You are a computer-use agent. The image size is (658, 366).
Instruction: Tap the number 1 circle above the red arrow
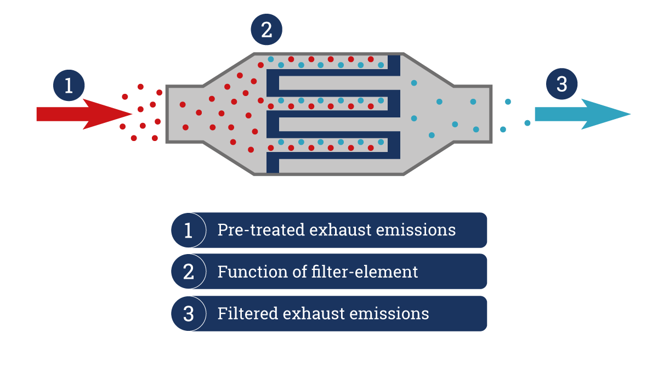click(69, 86)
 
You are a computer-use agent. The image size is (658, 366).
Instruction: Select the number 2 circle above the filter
click(266, 30)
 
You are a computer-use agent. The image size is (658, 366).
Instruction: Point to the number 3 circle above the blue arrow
click(561, 84)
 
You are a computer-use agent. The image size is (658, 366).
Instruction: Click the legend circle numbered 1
click(188, 230)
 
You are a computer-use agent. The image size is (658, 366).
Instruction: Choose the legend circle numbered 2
click(188, 272)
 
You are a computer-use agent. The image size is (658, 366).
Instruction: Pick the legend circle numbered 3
click(188, 313)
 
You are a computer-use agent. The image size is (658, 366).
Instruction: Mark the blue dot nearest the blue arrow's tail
click(527, 123)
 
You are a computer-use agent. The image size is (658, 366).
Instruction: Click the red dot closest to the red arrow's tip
click(140, 109)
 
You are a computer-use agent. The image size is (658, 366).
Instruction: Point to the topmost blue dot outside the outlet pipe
click(508, 102)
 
